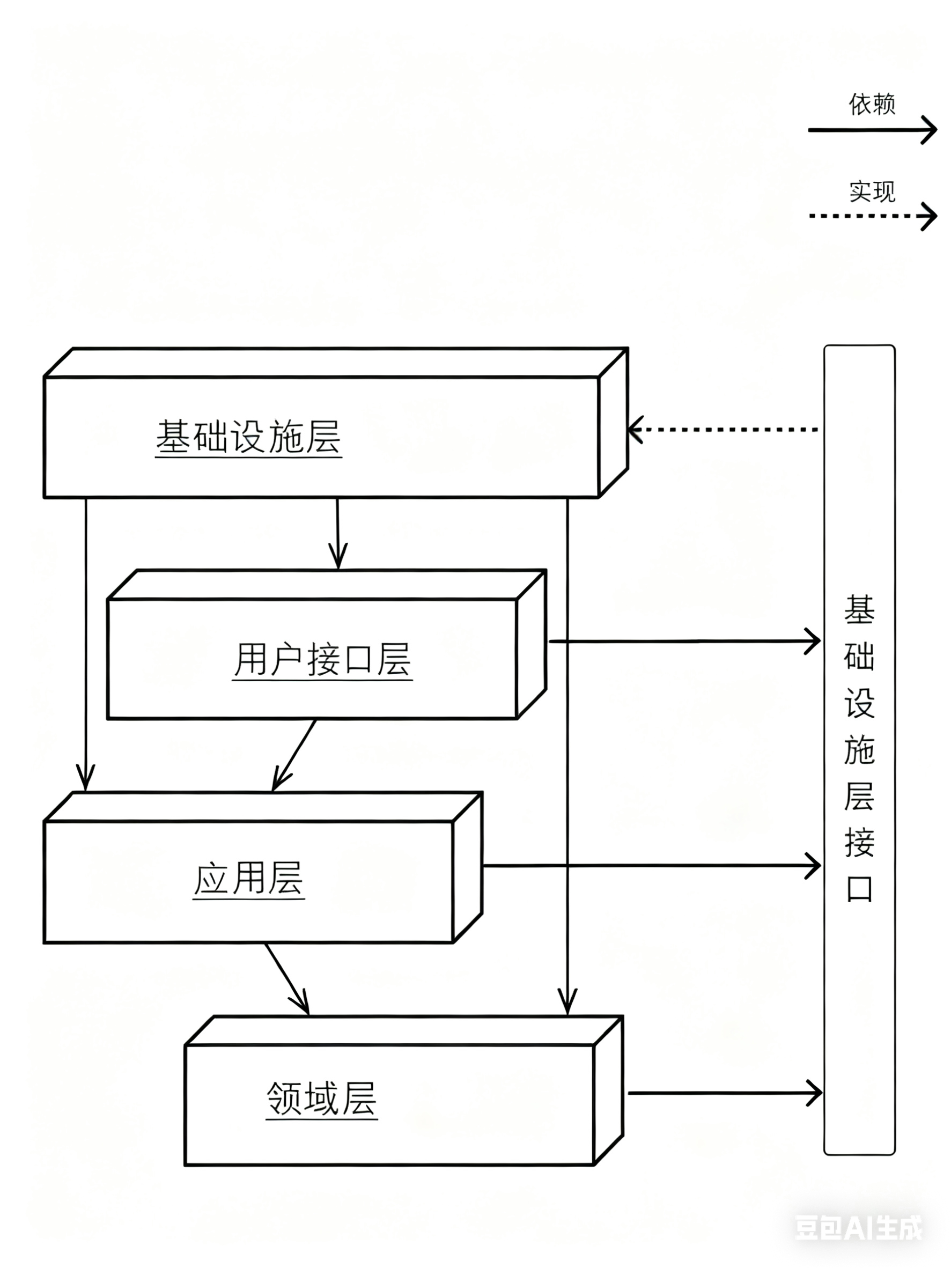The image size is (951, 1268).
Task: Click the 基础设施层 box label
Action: [248, 437]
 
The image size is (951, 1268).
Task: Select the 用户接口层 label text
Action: [322, 659]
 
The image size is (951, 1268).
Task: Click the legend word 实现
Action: [871, 191]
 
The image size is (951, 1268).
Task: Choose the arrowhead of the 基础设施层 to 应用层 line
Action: [85, 782]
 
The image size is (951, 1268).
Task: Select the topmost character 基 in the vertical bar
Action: [859, 610]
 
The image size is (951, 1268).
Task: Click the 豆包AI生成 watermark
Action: [858, 1228]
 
